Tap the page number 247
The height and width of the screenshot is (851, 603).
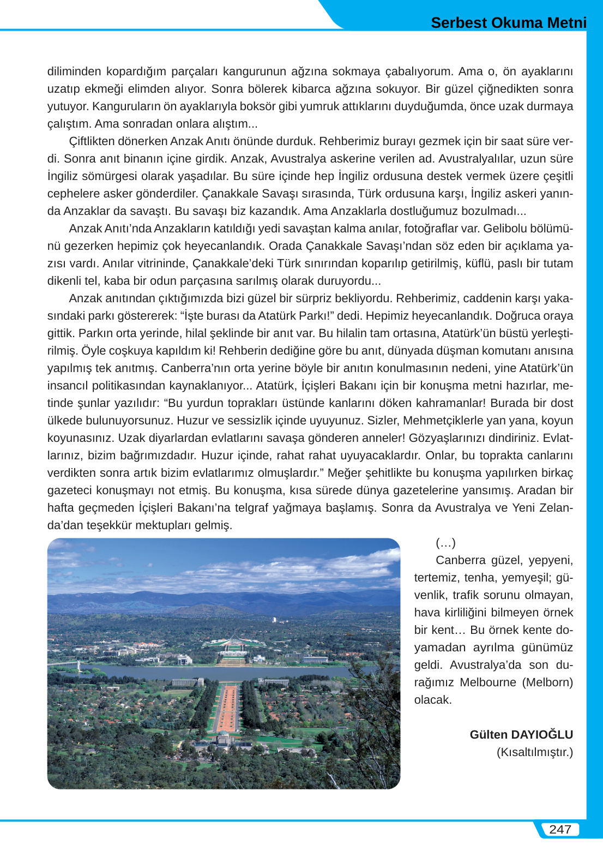(x=560, y=829)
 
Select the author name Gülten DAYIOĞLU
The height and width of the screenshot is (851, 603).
(x=521, y=734)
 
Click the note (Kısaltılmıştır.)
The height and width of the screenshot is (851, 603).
(x=534, y=752)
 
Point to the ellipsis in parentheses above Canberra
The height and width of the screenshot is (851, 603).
(x=445, y=542)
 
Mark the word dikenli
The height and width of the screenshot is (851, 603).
(x=65, y=280)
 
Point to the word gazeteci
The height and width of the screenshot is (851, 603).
(x=73, y=490)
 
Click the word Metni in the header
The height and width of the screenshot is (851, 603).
(x=565, y=23)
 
